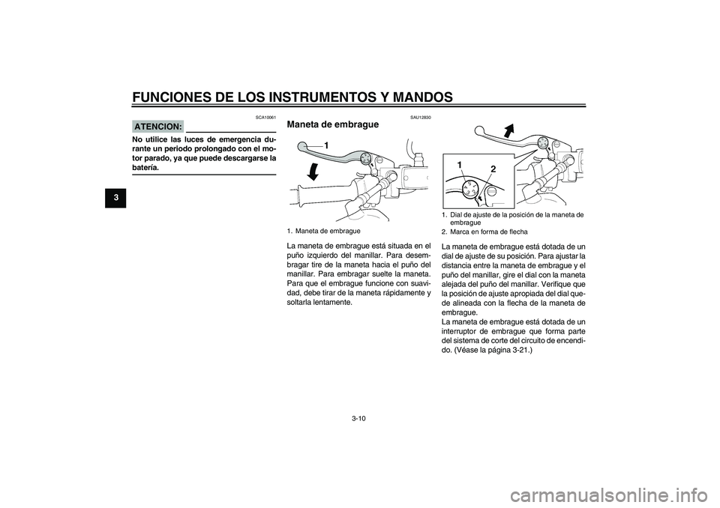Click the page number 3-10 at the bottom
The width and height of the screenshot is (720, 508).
(359, 420)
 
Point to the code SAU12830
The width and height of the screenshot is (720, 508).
(420, 117)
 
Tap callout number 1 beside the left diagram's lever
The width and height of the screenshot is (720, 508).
(327, 144)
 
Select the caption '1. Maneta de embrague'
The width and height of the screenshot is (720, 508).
(324, 231)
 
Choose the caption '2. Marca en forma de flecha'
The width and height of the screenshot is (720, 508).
(484, 232)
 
